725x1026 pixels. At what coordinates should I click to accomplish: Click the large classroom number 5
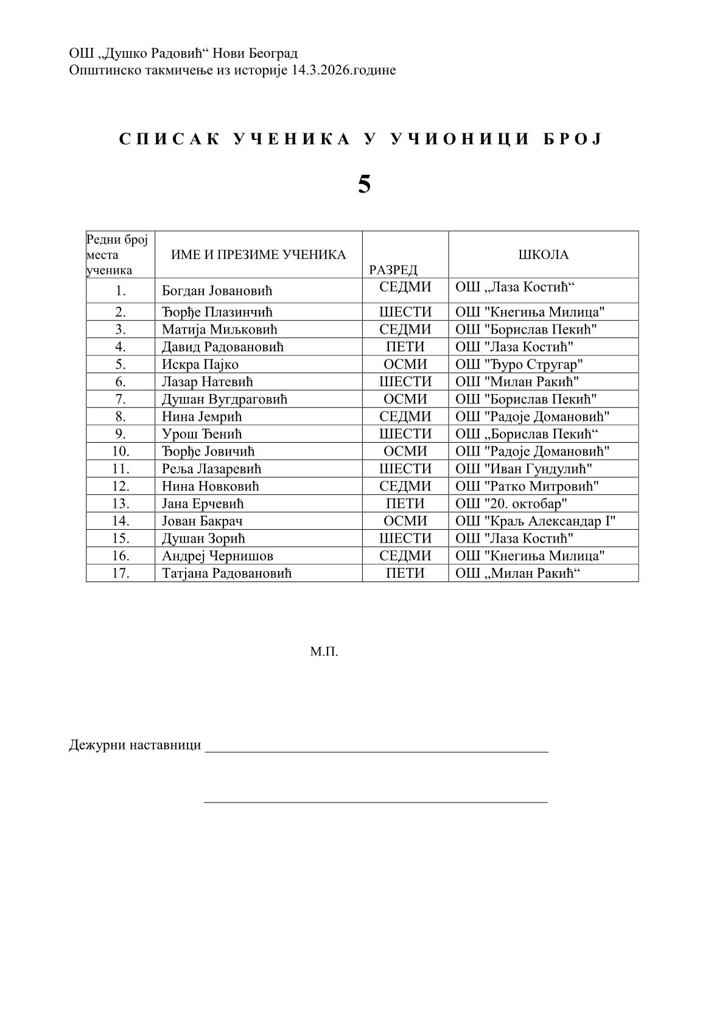click(x=364, y=184)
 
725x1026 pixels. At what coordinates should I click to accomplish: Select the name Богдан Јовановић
click(x=217, y=291)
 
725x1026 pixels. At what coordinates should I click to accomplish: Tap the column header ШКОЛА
click(x=543, y=255)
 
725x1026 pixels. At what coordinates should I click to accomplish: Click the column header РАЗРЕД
click(x=393, y=270)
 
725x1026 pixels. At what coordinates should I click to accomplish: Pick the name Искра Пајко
click(x=200, y=364)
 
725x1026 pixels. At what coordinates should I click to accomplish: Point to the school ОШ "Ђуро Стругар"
click(x=519, y=364)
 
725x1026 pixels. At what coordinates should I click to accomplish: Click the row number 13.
click(x=121, y=504)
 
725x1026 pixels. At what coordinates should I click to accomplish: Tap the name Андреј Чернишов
click(x=217, y=556)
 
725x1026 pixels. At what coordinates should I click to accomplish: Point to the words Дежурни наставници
click(x=135, y=745)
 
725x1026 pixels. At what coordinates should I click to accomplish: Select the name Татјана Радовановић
click(x=226, y=574)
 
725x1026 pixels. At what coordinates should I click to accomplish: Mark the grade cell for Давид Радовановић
click(x=405, y=347)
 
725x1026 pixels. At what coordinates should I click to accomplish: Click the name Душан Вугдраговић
click(x=224, y=399)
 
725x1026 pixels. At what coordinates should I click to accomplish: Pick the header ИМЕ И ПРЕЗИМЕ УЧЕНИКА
click(x=258, y=255)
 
